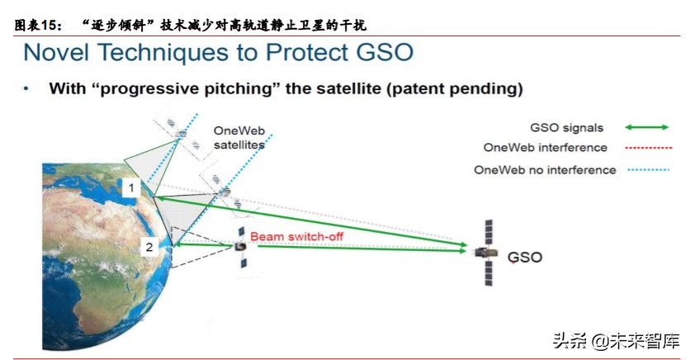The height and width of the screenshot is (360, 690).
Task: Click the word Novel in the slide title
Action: pos(60,53)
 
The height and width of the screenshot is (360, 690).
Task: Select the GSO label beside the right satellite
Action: pos(524,257)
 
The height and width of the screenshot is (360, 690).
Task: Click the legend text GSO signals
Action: pos(566,128)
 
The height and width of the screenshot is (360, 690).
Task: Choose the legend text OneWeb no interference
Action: pos(545,170)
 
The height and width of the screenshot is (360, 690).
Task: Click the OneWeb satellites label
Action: pos(239,137)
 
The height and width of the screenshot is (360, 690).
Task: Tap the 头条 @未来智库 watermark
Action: pos(615,339)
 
